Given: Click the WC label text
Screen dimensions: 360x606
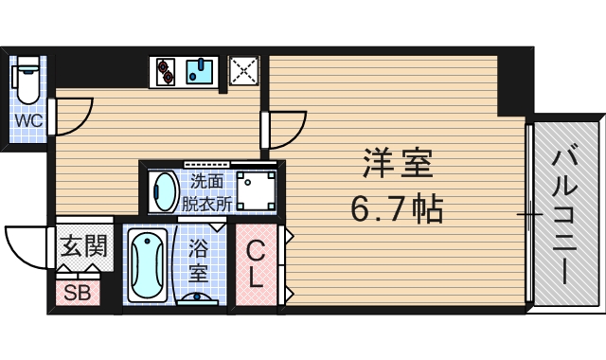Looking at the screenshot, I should tap(26, 120).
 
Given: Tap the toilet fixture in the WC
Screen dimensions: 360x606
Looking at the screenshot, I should tap(27, 80).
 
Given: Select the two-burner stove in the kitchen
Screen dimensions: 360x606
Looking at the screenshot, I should tap(167, 71).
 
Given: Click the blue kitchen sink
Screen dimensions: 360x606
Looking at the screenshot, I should tap(200, 71).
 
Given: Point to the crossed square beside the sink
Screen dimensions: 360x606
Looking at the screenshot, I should tap(244, 71).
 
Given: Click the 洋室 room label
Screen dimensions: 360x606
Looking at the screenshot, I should tap(396, 164).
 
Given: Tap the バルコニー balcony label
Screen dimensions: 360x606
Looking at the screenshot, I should tap(566, 214).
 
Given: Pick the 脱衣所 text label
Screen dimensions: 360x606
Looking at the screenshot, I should tap(206, 201).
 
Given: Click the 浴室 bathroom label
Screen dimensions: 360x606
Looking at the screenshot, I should tap(199, 261).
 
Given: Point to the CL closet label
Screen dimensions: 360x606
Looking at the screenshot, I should tap(256, 265).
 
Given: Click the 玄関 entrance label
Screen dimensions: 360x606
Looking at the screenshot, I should tap(83, 247).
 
